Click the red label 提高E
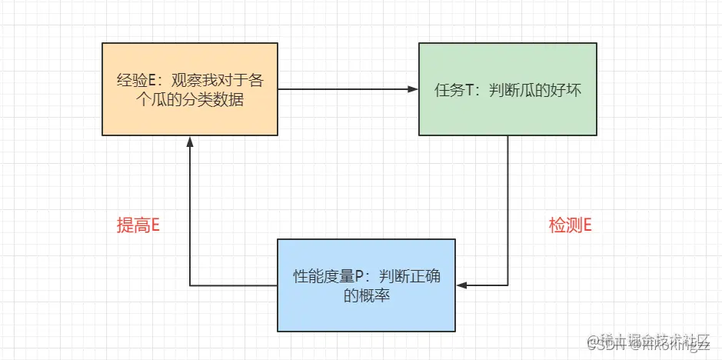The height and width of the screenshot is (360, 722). pyautogui.click(x=138, y=225)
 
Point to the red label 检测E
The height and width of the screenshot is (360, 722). pyautogui.click(x=570, y=225)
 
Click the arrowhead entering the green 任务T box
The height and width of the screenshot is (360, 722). pyautogui.click(x=413, y=89)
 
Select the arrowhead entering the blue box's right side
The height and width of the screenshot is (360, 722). pyautogui.click(x=461, y=285)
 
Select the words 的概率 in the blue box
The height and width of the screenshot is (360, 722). pyautogui.click(x=367, y=295)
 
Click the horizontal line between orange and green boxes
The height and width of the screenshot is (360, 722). pyautogui.click(x=346, y=89)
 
